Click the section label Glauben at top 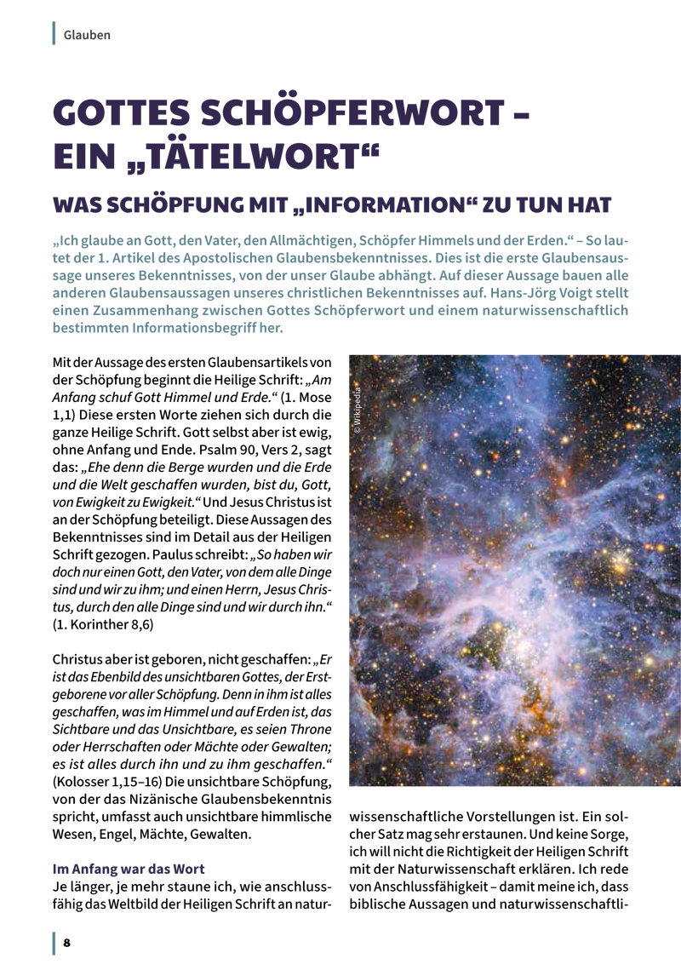(x=87, y=35)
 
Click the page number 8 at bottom (x=66, y=943)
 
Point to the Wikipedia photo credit (x=358, y=411)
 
